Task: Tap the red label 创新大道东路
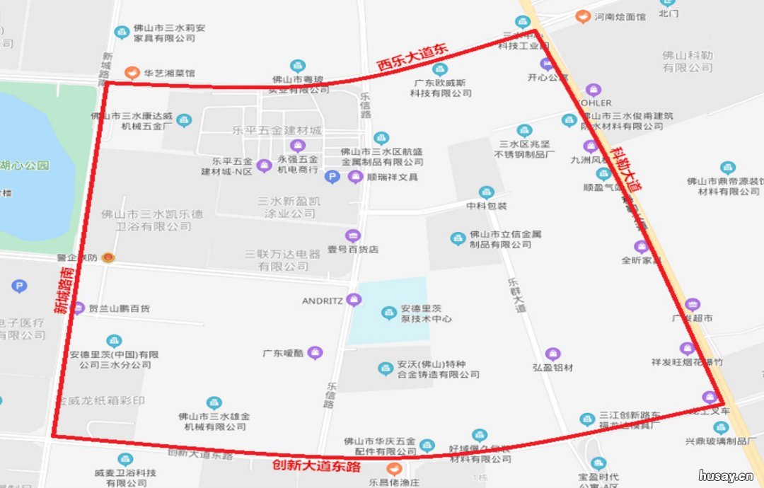click(317, 466)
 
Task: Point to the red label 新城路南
click(63, 291)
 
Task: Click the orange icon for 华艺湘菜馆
click(131, 72)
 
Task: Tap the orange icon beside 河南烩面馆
click(583, 16)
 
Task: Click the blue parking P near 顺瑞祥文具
click(332, 176)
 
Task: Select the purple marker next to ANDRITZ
click(354, 301)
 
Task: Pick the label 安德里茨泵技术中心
click(426, 313)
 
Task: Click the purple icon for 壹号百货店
click(352, 236)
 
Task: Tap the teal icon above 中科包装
click(486, 192)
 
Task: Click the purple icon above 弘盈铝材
click(553, 354)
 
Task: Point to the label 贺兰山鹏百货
click(120, 309)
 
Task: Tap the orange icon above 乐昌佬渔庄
click(394, 468)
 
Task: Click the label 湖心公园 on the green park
click(25, 165)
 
